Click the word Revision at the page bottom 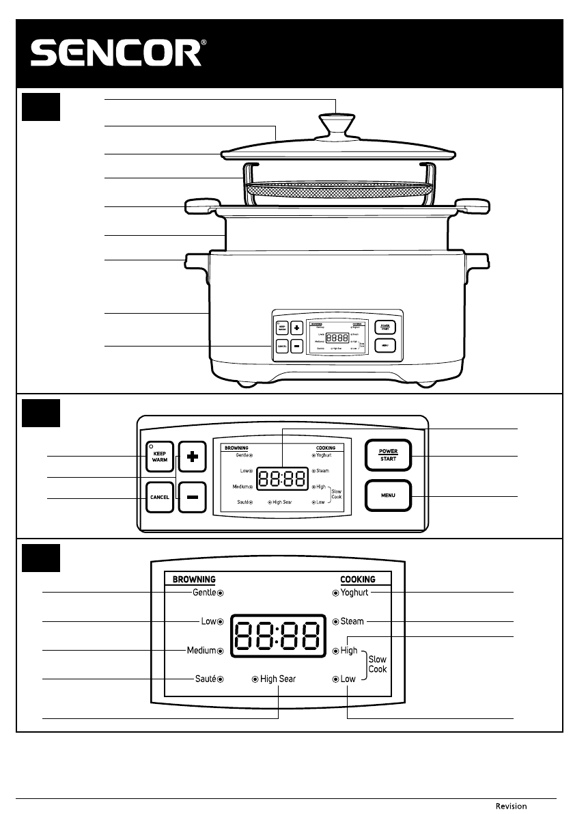511,806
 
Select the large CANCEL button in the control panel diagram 158,497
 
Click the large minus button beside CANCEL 193,497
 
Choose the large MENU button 388,497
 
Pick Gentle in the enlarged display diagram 204,593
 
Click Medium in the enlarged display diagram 201,651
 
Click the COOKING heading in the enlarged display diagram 358,579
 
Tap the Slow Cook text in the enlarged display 378,664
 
